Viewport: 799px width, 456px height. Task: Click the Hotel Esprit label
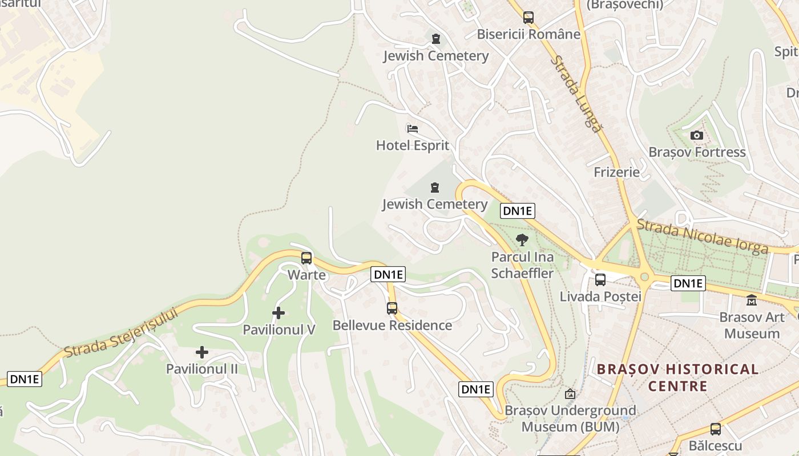412,145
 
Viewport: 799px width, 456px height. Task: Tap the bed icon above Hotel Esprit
412,128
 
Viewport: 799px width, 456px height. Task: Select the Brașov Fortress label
697,152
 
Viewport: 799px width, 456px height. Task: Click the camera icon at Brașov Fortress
696,135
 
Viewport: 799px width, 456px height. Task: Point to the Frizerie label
616,172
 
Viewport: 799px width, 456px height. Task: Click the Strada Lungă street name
576,94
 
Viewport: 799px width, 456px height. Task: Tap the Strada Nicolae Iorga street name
702,237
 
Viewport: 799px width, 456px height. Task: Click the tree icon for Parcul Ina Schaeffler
522,240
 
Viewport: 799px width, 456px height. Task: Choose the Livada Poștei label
600,296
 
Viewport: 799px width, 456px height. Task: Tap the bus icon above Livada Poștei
600,279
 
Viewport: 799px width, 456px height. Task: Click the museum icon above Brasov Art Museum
751,300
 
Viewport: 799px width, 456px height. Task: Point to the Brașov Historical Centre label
678,377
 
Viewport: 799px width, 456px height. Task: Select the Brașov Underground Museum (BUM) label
570,418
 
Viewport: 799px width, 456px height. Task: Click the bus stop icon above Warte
306,258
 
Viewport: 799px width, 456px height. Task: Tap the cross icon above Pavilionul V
279,312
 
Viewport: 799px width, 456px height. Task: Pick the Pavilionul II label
201,369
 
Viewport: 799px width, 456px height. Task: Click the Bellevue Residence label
392,325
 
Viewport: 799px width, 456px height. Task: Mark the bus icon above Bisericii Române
528,17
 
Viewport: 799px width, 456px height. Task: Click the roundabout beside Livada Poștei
645,276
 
